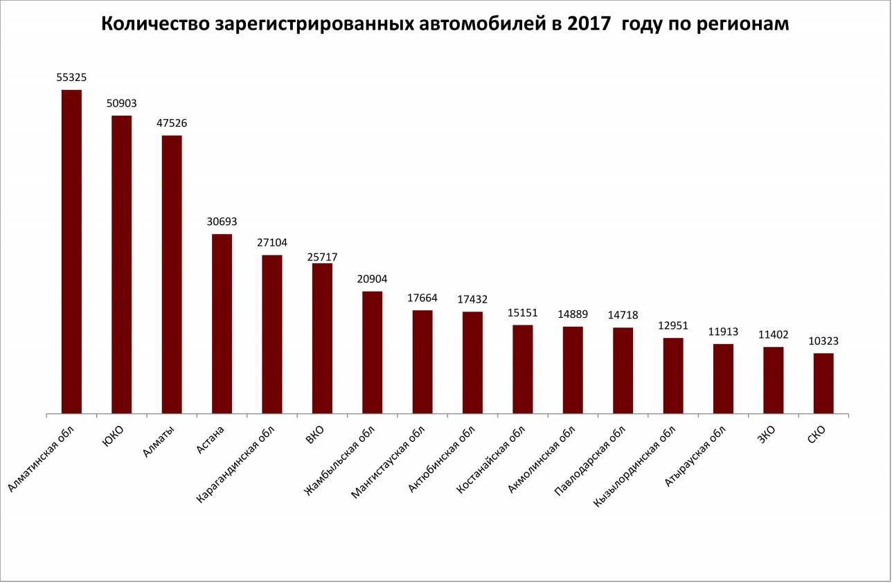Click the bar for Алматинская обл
click(x=71, y=252)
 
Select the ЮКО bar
click(x=122, y=264)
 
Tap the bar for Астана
click(x=222, y=324)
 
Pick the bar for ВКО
click(x=322, y=339)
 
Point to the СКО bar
click(x=823, y=384)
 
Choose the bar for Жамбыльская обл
click(x=373, y=352)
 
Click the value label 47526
click(x=172, y=123)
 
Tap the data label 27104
click(x=272, y=243)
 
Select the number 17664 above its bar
click(x=422, y=298)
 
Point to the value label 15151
click(x=523, y=313)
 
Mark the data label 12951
click(x=673, y=325)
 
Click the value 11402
click(x=774, y=334)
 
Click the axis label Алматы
click(x=159, y=440)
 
